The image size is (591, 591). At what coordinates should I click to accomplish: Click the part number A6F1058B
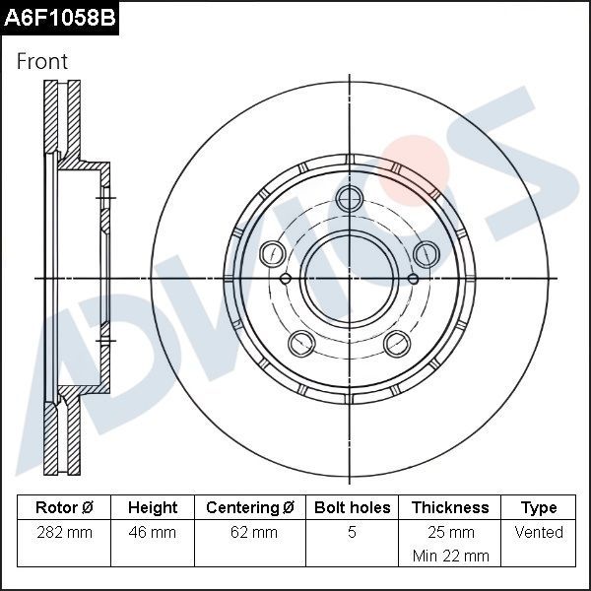[x=59, y=18]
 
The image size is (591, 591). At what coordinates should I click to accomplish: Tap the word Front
[x=42, y=61]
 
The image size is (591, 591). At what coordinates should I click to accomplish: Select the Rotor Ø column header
[x=64, y=507]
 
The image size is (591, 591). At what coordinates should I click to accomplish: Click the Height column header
[x=153, y=507]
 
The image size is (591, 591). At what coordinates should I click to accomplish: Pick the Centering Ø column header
[x=250, y=507]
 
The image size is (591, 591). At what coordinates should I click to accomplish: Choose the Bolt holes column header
[x=352, y=507]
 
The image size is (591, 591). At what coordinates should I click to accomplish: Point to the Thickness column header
[x=450, y=507]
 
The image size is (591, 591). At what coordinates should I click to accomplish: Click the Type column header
[x=539, y=507]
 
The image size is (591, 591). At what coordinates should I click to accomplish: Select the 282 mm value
[x=64, y=532]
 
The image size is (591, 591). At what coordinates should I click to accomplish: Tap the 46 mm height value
[x=153, y=532]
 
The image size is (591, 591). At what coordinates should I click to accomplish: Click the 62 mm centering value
[x=250, y=532]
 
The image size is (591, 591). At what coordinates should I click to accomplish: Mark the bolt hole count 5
[x=352, y=532]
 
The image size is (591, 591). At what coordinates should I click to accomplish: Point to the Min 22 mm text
[x=450, y=556]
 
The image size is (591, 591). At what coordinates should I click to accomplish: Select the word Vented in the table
[x=539, y=532]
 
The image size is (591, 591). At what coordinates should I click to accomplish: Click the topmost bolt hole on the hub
[x=349, y=199]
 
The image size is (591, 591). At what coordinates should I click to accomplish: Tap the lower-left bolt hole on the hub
[x=301, y=343]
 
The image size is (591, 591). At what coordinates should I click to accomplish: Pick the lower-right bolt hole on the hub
[x=397, y=343]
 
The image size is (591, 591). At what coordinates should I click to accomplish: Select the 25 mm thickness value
[x=450, y=532]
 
